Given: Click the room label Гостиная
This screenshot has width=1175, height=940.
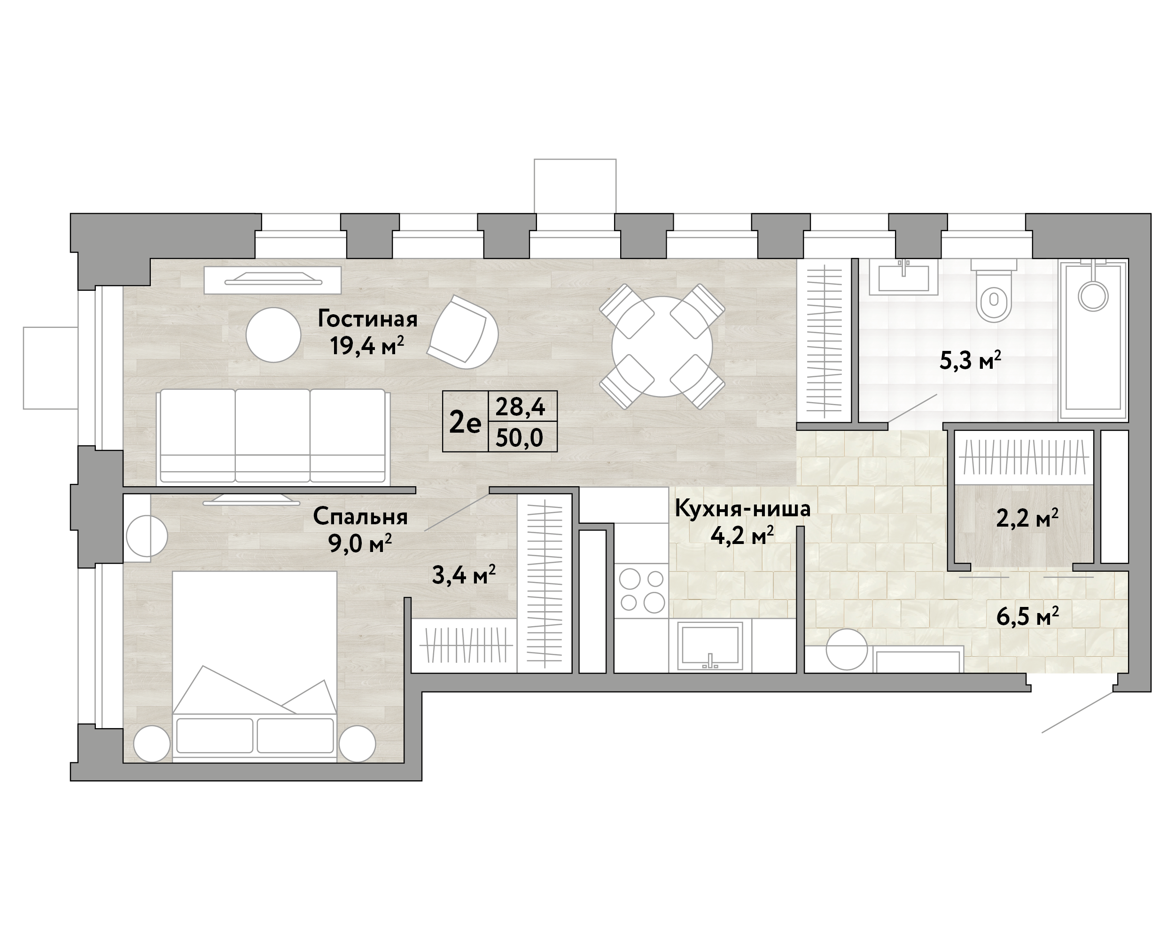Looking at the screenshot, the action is coord(367,319).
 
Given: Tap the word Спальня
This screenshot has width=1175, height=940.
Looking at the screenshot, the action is coord(360,517).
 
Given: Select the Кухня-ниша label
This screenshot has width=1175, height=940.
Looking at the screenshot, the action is coord(742,508).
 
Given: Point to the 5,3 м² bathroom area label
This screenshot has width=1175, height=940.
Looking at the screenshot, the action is coord(971,360).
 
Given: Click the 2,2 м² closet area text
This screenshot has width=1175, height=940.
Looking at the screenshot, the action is coord(1027,518).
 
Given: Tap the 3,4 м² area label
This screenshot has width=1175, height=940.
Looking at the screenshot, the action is coord(464,575).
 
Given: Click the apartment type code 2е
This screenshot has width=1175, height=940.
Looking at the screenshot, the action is coord(465,422).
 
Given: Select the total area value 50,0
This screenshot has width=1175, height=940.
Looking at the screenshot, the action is coord(519,437).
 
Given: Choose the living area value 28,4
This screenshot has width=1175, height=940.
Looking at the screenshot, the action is coord(520,406).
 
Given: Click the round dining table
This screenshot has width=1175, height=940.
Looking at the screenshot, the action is coord(661,347).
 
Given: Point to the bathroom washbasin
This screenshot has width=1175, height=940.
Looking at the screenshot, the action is coord(903,277).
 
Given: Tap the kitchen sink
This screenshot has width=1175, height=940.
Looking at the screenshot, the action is coord(709,646).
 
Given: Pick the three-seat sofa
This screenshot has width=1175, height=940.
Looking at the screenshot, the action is coord(273,436).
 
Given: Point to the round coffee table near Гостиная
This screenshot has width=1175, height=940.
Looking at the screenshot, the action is coord(273,335).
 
